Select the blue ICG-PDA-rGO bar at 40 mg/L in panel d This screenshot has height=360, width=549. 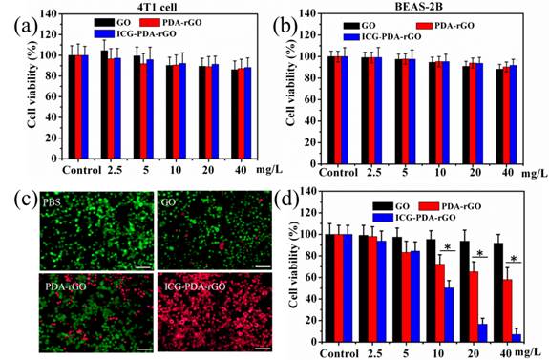pyautogui.click(x=517, y=337)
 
